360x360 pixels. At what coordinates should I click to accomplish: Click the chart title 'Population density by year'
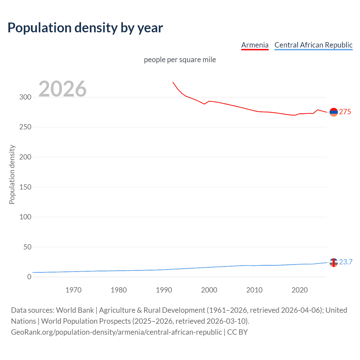tap(85, 28)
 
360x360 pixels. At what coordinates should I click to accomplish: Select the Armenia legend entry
tap(255, 45)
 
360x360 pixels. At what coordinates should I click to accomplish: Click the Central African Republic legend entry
tap(313, 45)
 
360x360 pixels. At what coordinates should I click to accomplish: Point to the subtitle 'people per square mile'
tap(180, 60)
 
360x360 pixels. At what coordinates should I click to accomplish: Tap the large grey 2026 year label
tap(62, 89)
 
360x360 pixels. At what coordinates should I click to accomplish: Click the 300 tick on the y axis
tap(25, 97)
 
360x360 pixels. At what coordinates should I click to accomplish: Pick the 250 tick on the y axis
tap(25, 127)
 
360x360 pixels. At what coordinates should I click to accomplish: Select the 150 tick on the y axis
tap(25, 187)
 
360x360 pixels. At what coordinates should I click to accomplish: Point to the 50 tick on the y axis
tap(27, 247)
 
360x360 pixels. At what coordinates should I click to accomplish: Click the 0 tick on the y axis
tap(29, 277)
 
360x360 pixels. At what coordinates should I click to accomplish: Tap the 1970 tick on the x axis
tap(73, 290)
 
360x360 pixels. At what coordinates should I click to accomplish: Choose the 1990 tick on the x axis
tap(164, 290)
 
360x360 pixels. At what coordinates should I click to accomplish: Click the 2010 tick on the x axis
tap(254, 290)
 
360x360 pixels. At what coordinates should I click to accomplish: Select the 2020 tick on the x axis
tap(300, 290)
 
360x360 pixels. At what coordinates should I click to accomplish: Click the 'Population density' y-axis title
tap(12, 174)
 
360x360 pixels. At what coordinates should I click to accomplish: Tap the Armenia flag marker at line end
tap(334, 112)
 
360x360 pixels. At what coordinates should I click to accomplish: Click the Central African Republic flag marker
tap(334, 262)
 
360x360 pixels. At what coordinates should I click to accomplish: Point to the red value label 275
tap(345, 112)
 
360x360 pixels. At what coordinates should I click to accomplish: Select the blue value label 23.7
tap(346, 262)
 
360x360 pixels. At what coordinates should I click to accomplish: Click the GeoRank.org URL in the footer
tap(116, 332)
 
